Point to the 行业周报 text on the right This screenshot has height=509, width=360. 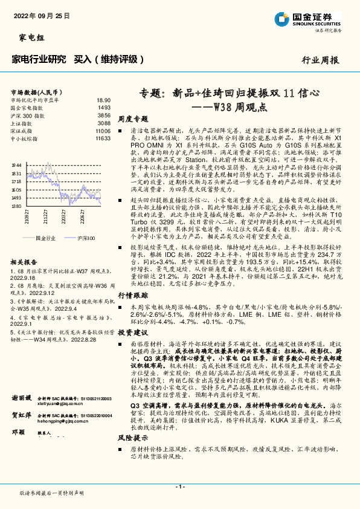[320, 60]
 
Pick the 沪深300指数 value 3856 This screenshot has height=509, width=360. [104, 115]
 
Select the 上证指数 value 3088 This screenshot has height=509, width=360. [104, 123]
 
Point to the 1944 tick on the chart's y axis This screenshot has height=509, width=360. [16, 164]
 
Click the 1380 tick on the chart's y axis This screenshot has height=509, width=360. [16, 206]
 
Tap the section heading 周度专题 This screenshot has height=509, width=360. [133, 119]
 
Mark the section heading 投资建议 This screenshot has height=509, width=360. [133, 332]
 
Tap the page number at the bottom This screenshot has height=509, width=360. [179, 487]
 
